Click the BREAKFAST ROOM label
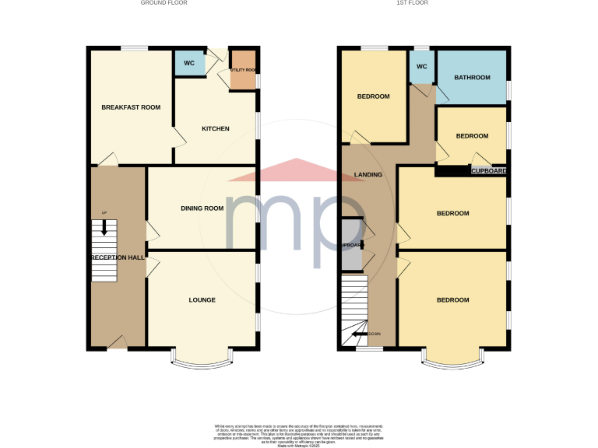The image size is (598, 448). (131, 107)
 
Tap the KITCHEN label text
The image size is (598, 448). (216, 128)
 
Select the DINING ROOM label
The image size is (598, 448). (202, 208)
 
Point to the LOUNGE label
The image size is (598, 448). (202, 299)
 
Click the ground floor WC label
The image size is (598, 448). (188, 63)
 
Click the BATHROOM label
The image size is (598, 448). (473, 78)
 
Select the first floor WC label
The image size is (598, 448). (422, 67)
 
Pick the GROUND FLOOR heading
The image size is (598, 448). (164, 3)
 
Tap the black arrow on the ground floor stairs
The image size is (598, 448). (104, 228)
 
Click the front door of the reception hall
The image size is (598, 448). (118, 342)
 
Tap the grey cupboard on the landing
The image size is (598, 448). (351, 244)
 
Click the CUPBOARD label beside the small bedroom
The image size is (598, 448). (489, 170)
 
